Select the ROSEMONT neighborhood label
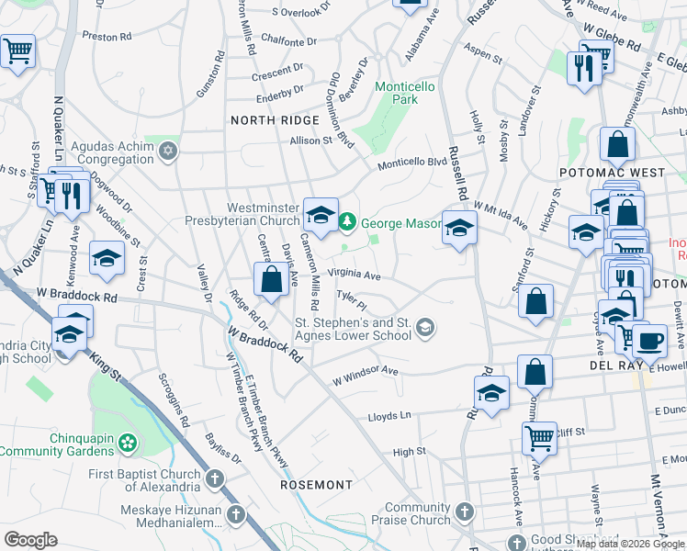pos(317,484)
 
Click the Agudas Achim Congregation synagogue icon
pos(167,151)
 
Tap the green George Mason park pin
pos(347,221)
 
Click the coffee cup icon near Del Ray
pos(650,339)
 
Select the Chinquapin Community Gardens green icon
pos(128,444)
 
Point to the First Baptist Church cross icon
pos(214,479)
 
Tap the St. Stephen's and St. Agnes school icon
pos(424,327)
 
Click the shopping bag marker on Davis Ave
pos(272,280)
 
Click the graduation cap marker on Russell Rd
pos(458,227)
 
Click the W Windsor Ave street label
pos(365,376)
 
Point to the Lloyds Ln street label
pos(389,416)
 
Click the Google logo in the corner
pos(31,540)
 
